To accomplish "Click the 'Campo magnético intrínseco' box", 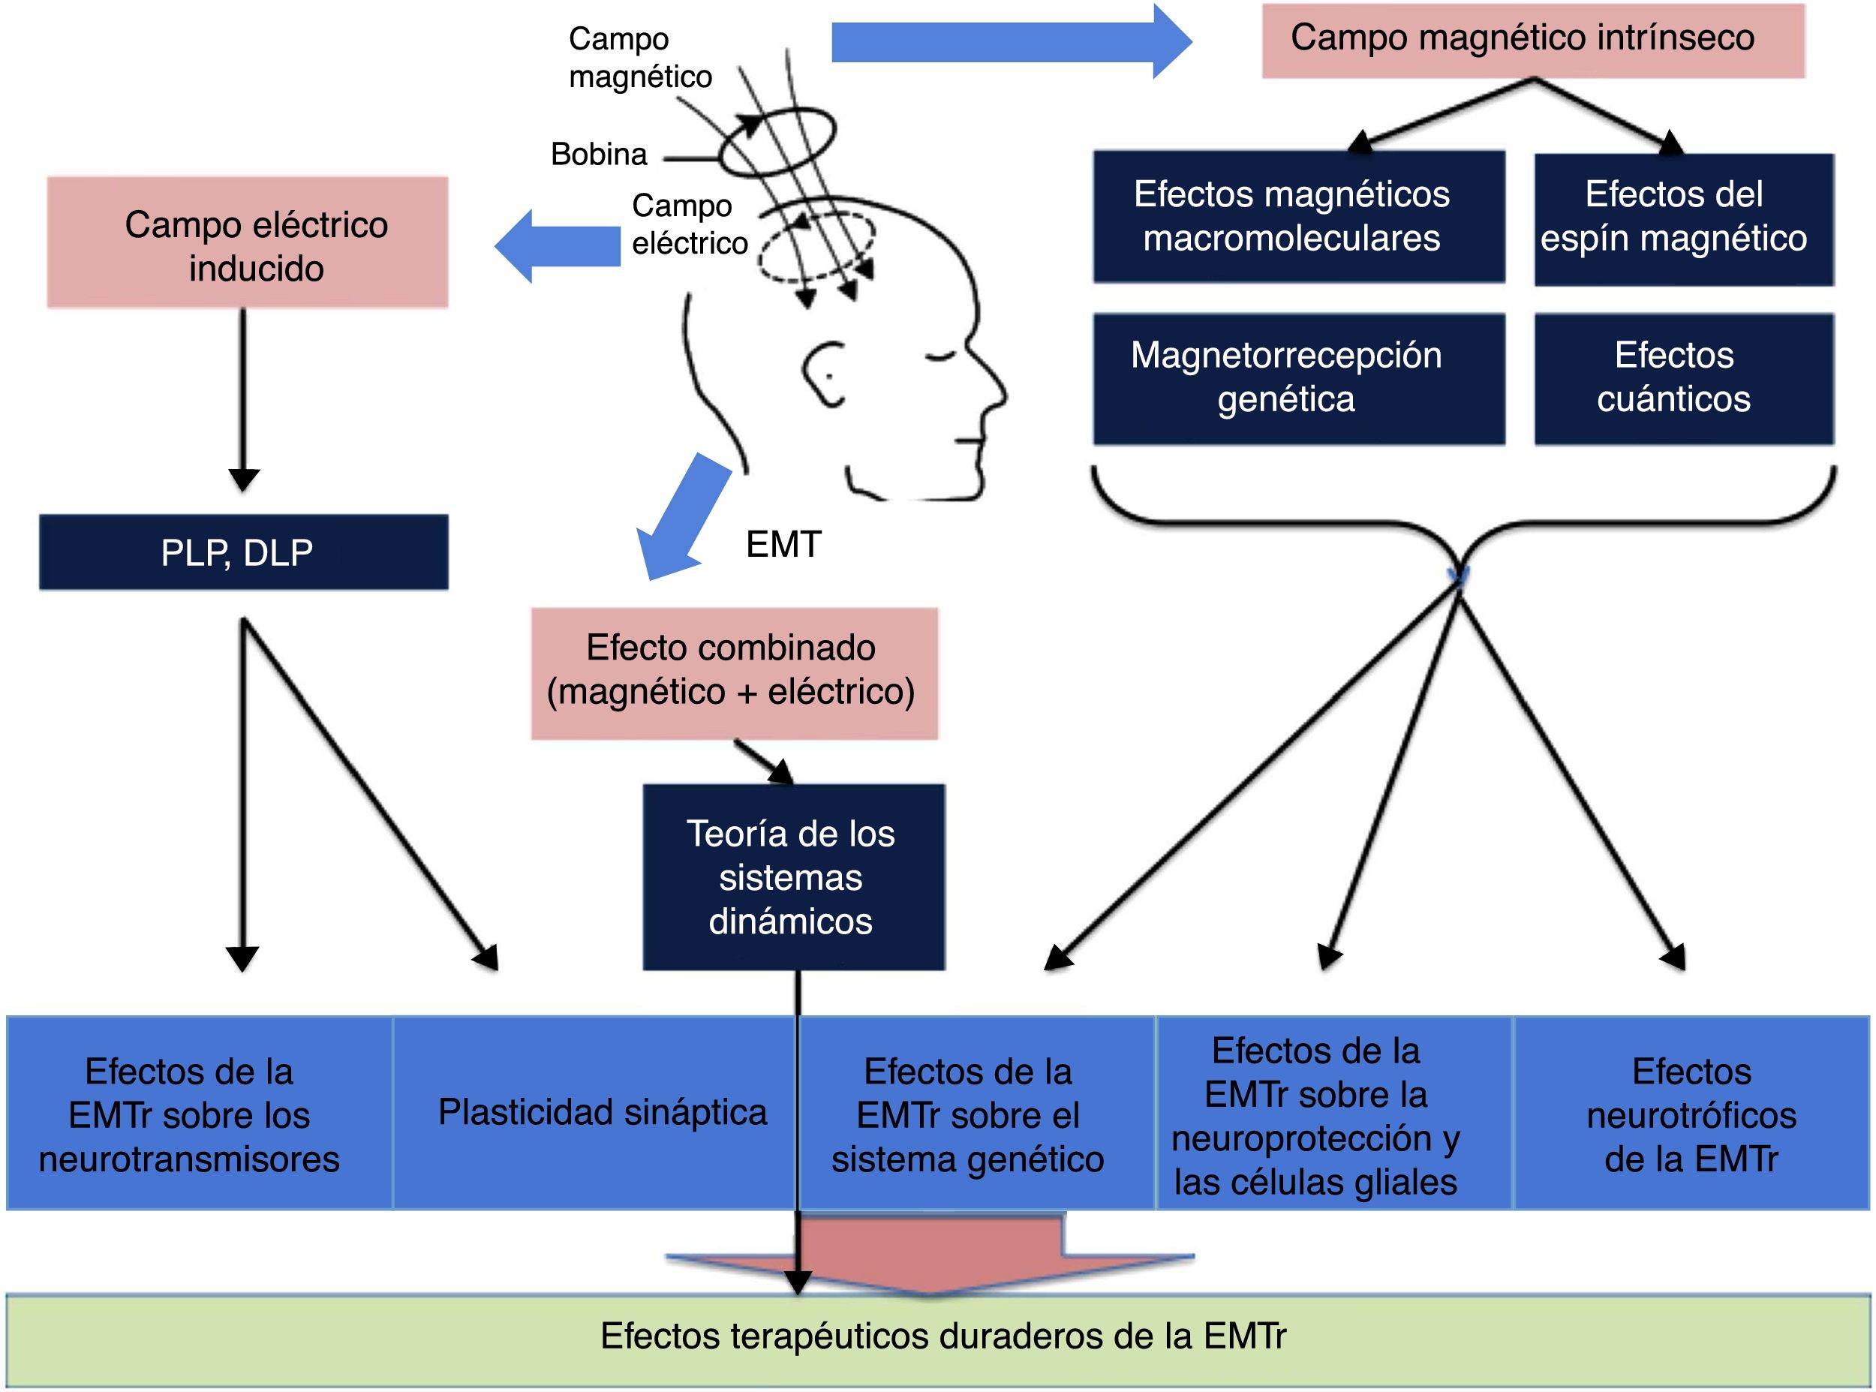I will point(1532,41).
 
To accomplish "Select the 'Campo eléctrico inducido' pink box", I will point(247,242).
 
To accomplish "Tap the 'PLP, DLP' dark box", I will point(243,552).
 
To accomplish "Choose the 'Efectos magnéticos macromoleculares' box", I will point(1298,217).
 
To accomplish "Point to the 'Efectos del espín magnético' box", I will point(1682,218).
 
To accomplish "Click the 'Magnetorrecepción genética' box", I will point(1298,378).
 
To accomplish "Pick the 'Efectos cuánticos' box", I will point(1682,378).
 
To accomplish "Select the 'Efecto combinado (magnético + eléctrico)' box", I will point(734,672).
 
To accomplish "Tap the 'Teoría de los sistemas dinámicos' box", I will point(792,876).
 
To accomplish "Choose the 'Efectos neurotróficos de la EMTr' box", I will point(1691,1114).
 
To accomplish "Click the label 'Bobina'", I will point(599,154).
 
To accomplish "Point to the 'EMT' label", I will point(783,544).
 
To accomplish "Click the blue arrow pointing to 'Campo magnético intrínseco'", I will point(1011,41).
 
